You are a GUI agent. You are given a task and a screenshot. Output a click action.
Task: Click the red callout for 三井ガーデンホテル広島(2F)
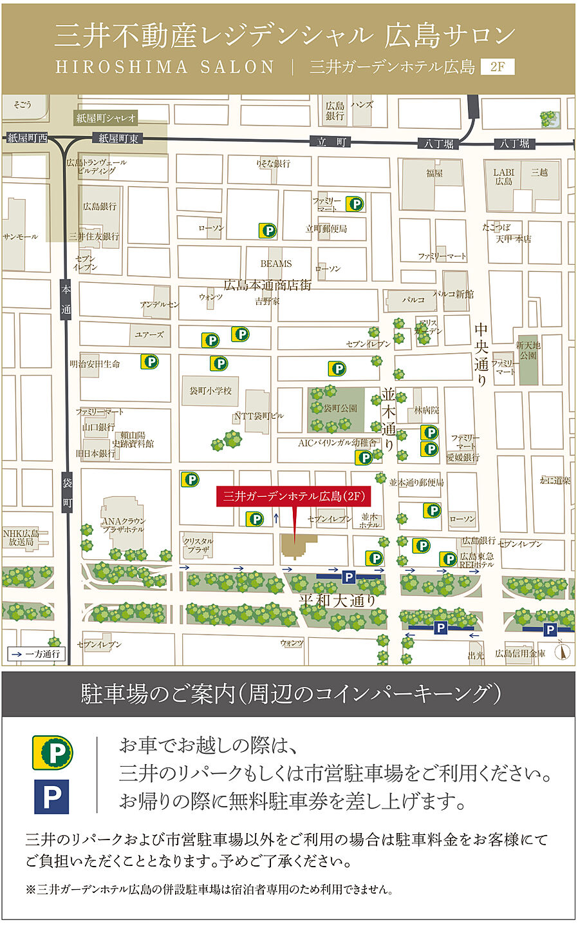tap(294, 496)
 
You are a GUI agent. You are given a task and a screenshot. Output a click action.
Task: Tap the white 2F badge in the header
tap(498, 66)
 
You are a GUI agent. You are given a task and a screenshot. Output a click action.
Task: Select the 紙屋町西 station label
tap(28, 138)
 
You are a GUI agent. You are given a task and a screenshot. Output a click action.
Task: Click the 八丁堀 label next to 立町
tap(439, 143)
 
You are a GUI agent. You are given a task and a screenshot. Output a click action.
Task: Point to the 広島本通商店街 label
tap(267, 285)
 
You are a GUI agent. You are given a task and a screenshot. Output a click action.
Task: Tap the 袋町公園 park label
tap(340, 408)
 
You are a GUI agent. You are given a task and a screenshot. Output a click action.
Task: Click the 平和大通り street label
tap(337, 600)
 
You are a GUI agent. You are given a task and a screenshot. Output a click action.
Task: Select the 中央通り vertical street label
tap(481, 355)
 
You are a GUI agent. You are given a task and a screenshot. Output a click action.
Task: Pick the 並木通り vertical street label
tap(389, 419)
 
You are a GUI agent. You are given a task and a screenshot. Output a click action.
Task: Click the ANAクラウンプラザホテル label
tap(124, 524)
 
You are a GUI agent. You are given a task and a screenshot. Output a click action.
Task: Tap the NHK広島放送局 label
tap(21, 537)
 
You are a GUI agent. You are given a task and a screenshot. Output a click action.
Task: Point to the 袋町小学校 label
tap(210, 391)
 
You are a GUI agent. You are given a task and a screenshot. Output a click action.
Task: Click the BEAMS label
tap(276, 264)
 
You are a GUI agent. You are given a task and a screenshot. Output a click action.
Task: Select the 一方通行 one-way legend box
tap(35, 654)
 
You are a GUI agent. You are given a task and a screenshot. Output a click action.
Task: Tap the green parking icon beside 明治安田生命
tap(150, 362)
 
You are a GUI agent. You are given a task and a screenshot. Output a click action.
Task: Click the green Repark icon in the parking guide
tap(53, 753)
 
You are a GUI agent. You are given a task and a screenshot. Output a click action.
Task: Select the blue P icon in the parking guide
tap(51, 797)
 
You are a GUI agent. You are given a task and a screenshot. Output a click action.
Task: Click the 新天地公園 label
tap(528, 350)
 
